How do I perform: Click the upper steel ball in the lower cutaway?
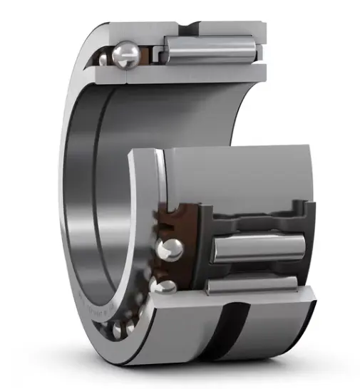tap(170, 249)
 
